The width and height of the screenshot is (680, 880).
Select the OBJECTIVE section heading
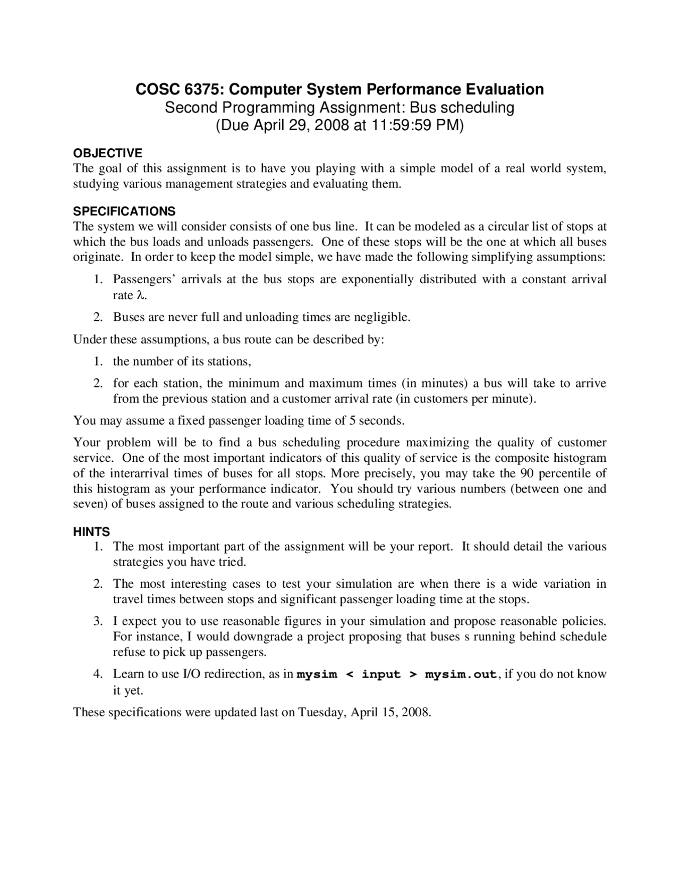[x=107, y=154]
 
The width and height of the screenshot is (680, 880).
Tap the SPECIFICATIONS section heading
[x=124, y=211]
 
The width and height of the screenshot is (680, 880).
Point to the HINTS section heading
[x=91, y=531]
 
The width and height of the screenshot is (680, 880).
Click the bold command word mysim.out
[x=461, y=675]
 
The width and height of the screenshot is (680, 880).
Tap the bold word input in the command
[x=381, y=675]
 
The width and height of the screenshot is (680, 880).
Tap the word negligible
[x=381, y=318]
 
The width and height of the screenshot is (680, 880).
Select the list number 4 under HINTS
[x=98, y=674]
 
